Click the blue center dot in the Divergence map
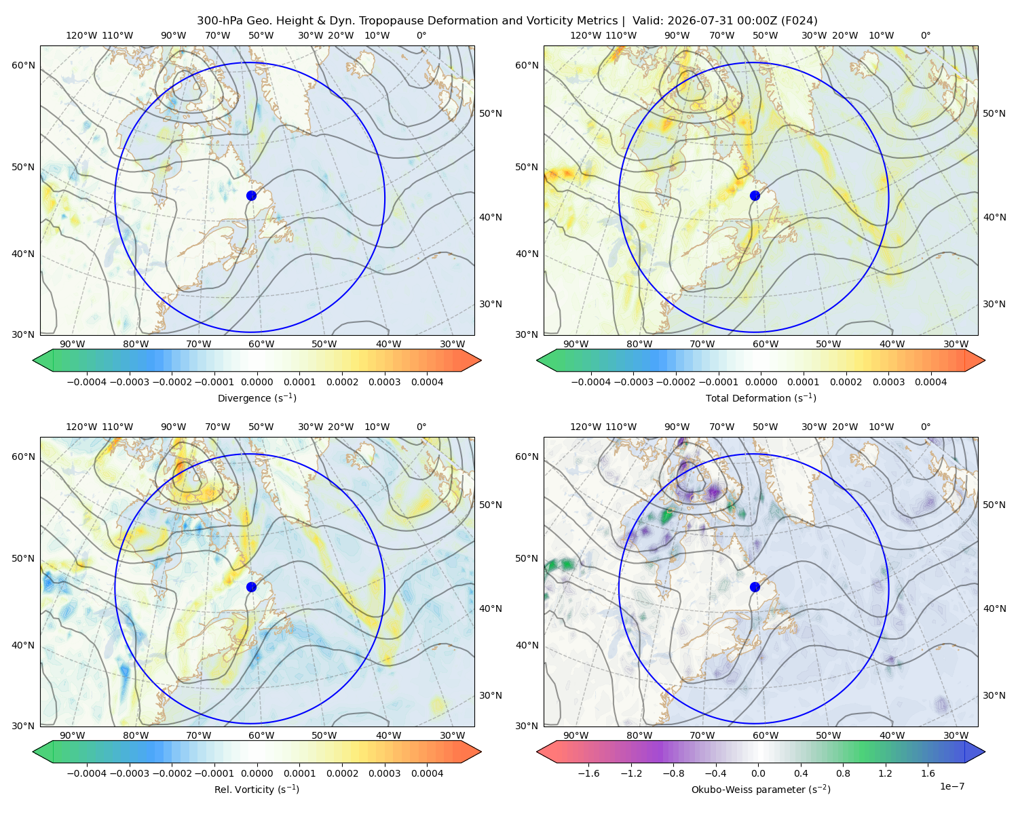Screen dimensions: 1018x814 click(251, 196)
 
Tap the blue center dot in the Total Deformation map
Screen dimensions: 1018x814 click(755, 196)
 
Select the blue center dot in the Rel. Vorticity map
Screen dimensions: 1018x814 click(251, 587)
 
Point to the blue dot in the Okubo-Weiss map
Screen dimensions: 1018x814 click(755, 587)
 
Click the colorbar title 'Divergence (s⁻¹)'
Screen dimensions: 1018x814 click(257, 398)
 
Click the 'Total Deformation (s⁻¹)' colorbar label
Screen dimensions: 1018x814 click(761, 398)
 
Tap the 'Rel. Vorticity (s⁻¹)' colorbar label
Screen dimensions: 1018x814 click(257, 790)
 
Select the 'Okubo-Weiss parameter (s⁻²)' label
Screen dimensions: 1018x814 click(761, 790)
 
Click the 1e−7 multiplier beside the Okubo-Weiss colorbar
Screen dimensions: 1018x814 click(951, 786)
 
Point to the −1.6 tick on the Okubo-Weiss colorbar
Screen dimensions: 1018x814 click(588, 773)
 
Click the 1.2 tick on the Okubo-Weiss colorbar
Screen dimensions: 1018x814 click(885, 773)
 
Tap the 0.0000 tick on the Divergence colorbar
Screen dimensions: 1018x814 click(257, 382)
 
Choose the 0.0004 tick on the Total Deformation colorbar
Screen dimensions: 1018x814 click(930, 382)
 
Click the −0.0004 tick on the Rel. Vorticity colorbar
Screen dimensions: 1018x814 click(87, 773)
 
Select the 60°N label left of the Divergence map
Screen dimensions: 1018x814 click(23, 65)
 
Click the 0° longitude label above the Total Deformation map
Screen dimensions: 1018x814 click(925, 35)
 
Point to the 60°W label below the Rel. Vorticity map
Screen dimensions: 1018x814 click(261, 735)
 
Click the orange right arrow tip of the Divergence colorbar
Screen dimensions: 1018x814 click(480, 360)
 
